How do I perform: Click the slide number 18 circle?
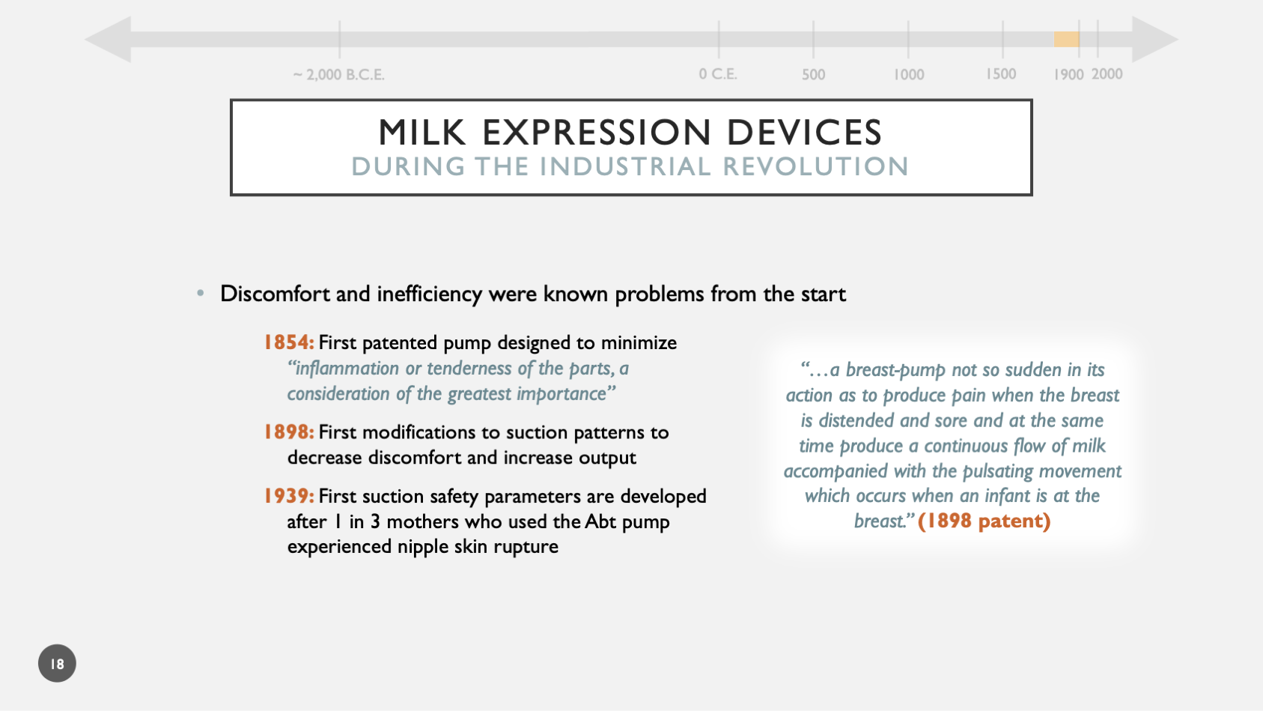click(x=57, y=663)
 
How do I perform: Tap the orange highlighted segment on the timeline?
click(x=1065, y=40)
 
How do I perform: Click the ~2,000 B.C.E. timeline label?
click(x=338, y=75)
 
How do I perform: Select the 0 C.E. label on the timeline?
click(x=718, y=74)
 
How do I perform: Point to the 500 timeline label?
click(x=813, y=75)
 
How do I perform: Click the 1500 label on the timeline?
click(x=1001, y=74)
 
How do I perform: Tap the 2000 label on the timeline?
click(x=1107, y=74)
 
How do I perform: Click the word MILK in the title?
click(x=422, y=133)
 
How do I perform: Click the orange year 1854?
click(x=288, y=342)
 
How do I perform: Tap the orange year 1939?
click(x=288, y=496)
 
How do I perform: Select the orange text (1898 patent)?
click(x=984, y=521)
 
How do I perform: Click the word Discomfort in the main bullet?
click(x=276, y=294)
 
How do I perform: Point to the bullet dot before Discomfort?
click(x=200, y=294)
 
